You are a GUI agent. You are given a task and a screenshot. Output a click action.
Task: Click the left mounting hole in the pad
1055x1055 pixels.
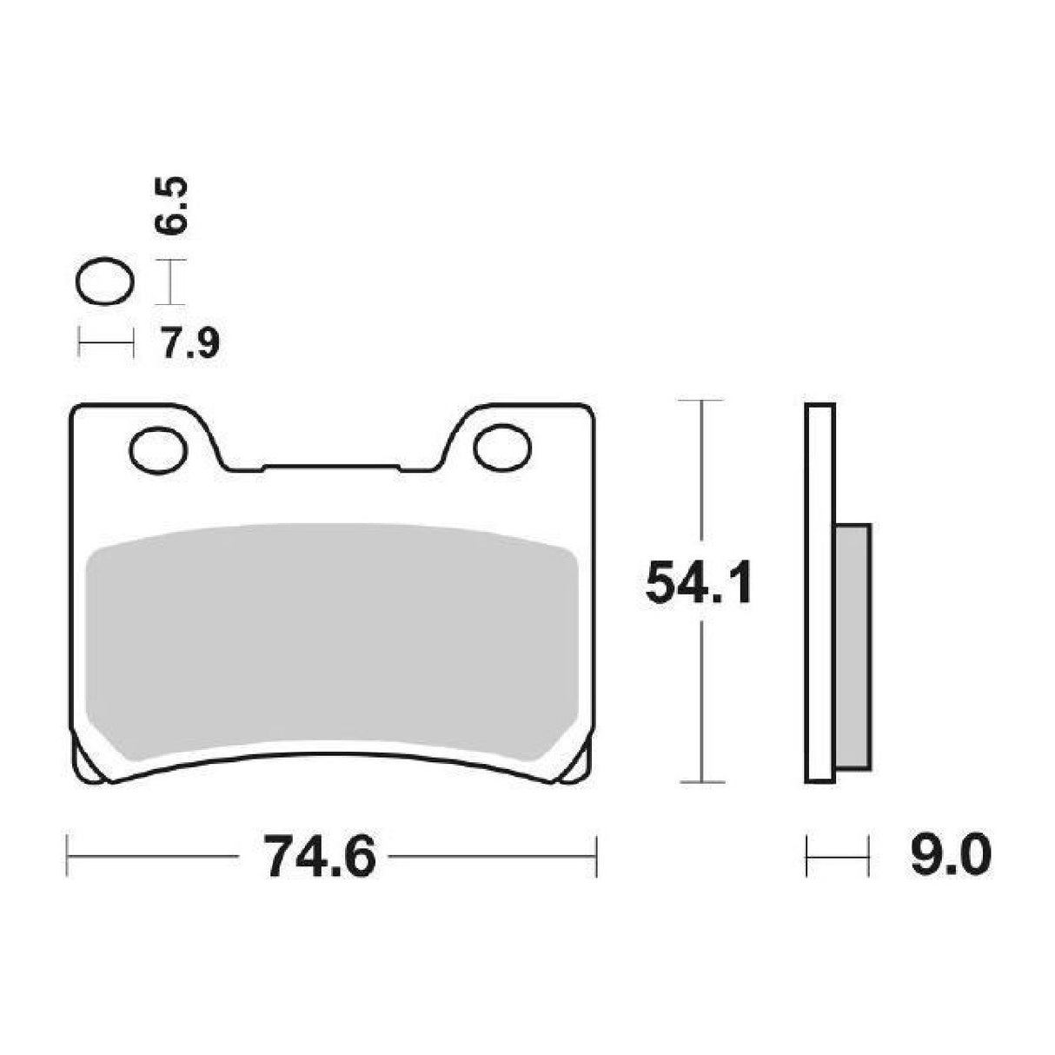tap(158, 448)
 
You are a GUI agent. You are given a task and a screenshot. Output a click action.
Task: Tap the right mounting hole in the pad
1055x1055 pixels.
tap(502, 447)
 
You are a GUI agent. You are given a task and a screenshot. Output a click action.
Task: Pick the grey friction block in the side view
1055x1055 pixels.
tap(853, 647)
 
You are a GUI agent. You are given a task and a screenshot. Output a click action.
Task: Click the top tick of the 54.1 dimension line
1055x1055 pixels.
tap(700, 401)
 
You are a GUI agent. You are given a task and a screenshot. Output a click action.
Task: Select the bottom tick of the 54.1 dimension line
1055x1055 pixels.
tap(700, 782)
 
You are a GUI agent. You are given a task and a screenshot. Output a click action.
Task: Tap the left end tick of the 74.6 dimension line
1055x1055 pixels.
tap(68, 856)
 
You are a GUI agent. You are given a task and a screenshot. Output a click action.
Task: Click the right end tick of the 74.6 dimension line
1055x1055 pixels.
tap(596, 856)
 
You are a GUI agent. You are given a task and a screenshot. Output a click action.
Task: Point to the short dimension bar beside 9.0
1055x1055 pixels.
tap(838, 856)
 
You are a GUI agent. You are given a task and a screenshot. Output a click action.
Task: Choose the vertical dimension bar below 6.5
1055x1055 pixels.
tap(170, 282)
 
